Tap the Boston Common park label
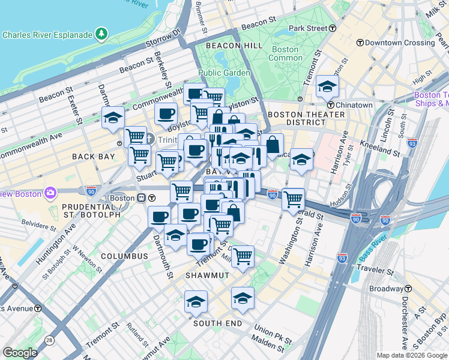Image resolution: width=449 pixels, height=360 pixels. (285, 53)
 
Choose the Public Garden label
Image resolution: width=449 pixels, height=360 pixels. (224, 73)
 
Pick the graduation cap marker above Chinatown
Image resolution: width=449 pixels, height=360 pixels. (327, 87)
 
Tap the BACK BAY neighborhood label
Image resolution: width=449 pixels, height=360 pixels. (93, 157)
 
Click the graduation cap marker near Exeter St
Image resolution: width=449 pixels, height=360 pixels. (113, 118)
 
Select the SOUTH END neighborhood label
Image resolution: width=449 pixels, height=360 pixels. (217, 323)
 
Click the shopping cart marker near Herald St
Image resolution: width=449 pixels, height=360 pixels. (293, 199)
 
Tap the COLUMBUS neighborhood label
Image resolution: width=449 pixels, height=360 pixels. (124, 256)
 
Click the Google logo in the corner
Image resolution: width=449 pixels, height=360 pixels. (20, 353)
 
